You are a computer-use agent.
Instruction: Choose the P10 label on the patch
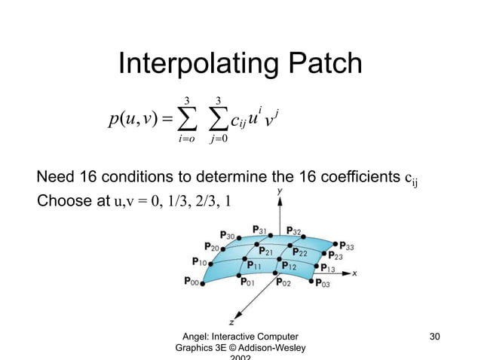pos(199,261)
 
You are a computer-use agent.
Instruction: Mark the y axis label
pos(280,193)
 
